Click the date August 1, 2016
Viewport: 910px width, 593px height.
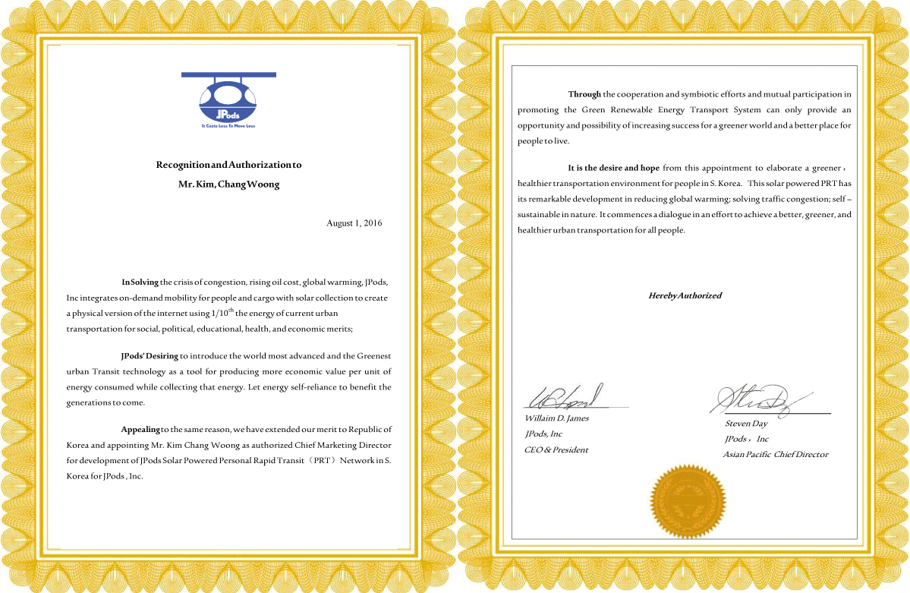coord(354,223)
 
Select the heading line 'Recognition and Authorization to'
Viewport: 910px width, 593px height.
coord(228,165)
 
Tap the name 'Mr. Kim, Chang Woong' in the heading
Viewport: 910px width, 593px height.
coord(228,185)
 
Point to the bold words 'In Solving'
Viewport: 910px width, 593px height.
coord(140,282)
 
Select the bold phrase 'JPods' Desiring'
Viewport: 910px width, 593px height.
coord(150,355)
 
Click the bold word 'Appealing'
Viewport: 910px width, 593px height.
coord(140,430)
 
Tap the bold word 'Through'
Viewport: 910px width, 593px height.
coord(584,94)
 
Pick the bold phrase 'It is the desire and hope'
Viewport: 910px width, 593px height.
coord(613,168)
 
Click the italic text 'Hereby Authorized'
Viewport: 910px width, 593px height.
coord(685,295)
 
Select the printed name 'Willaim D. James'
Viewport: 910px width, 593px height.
coord(556,418)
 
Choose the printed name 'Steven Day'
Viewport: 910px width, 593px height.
coord(746,424)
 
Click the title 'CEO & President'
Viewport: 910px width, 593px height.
coord(556,449)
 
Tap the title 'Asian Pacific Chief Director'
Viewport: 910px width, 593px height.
coord(775,455)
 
